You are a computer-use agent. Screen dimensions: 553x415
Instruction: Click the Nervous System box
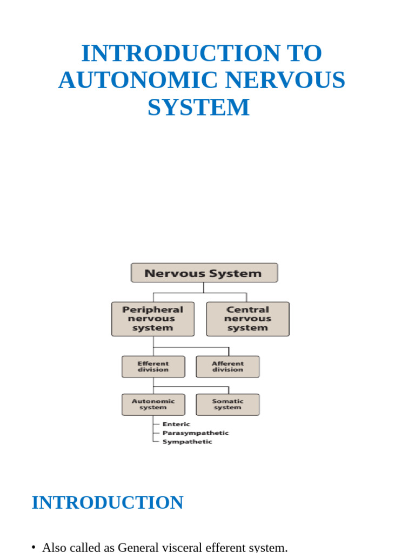(x=204, y=273)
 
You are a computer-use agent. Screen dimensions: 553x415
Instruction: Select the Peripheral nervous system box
(x=153, y=319)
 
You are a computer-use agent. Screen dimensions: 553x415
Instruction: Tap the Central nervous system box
(x=248, y=319)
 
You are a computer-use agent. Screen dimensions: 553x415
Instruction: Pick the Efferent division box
(x=153, y=367)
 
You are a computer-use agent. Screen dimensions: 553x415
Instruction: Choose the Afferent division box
(x=227, y=367)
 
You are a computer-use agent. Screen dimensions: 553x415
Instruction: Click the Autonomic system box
(x=153, y=404)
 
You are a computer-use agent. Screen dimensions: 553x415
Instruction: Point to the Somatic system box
(x=227, y=404)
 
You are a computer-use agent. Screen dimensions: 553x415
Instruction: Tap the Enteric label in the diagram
(x=176, y=424)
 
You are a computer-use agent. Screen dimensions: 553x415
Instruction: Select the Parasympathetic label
(x=196, y=433)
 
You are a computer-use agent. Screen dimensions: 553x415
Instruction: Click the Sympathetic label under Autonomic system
(x=187, y=442)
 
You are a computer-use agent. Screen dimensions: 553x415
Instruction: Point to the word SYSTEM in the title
(x=199, y=107)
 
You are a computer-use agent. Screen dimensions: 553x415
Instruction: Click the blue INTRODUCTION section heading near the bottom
(x=108, y=503)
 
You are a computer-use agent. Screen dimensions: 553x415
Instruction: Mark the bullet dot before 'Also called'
(x=34, y=548)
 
